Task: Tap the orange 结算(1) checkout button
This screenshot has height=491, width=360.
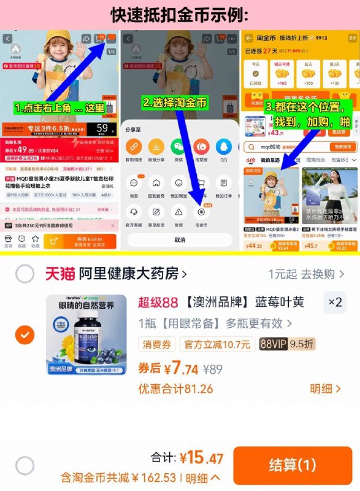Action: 292,465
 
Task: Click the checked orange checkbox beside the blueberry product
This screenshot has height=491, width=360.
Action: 25,335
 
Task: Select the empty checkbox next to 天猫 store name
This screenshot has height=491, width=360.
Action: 25,274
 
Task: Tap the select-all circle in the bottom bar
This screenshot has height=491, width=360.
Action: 25,466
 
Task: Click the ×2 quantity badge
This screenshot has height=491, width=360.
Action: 335,302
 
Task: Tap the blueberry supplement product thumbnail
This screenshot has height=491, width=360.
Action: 86,336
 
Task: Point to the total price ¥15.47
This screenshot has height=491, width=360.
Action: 201,458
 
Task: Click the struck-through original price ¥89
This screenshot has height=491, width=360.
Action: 212,369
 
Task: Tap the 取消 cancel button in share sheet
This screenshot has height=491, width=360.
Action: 180,240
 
